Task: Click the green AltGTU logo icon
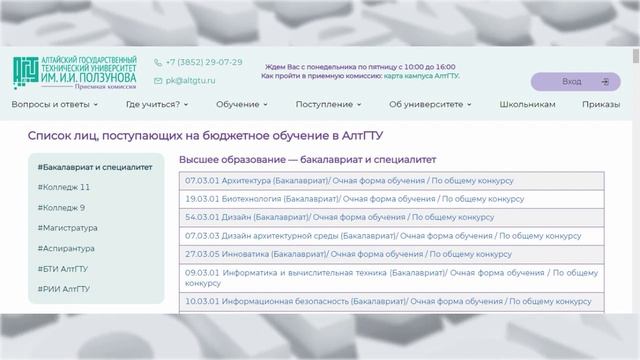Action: point(26,72)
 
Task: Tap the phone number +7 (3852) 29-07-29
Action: point(204,62)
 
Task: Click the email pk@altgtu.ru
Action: point(190,80)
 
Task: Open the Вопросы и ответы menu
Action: point(55,104)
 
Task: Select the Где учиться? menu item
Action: point(157,104)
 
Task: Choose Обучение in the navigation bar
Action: point(242,104)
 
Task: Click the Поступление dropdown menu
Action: point(329,104)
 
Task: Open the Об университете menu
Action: point(430,104)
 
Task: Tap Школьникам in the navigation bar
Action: point(527,104)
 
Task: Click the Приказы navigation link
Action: point(601,104)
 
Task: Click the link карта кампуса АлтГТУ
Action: point(421,76)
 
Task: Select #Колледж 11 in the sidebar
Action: point(64,187)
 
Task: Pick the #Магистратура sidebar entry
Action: point(67,228)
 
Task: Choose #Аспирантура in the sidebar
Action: point(66,248)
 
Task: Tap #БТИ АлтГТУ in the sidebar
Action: point(63,269)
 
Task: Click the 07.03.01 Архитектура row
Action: point(391,181)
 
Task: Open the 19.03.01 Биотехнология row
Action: point(391,199)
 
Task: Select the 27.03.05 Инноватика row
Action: point(391,254)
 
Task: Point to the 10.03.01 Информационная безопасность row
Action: point(391,302)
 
